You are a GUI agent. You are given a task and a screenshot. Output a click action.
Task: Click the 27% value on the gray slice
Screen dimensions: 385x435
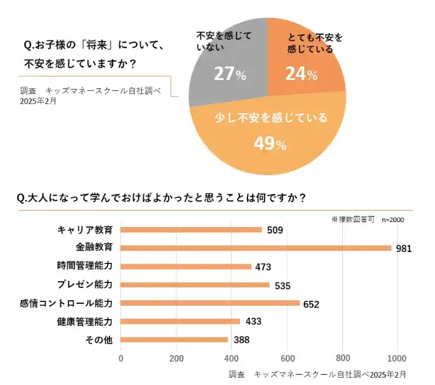tap(230, 74)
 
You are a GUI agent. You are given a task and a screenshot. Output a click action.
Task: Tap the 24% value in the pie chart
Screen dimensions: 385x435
tap(301, 74)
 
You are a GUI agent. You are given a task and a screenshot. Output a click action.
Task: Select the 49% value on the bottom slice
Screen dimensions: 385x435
tap(270, 144)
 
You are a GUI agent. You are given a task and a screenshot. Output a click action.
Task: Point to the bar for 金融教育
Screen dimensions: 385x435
tap(256, 248)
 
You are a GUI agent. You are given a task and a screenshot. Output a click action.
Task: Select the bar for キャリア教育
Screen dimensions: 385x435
tap(191, 230)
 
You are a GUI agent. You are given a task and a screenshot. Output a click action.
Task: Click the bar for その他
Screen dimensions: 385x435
tap(174, 340)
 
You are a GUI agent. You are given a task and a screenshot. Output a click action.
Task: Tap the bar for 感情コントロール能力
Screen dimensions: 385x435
tap(210, 303)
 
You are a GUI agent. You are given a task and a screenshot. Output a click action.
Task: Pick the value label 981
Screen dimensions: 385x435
tap(404, 248)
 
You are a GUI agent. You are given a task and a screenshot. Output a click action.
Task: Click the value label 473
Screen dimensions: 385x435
tap(263, 267)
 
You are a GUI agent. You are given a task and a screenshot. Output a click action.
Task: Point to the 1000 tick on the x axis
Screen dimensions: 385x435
tap(397, 358)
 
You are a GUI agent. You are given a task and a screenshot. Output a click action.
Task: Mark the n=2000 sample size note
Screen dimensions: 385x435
tap(392, 219)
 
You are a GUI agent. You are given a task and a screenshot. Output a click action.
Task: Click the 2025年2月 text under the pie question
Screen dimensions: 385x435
tap(38, 101)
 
